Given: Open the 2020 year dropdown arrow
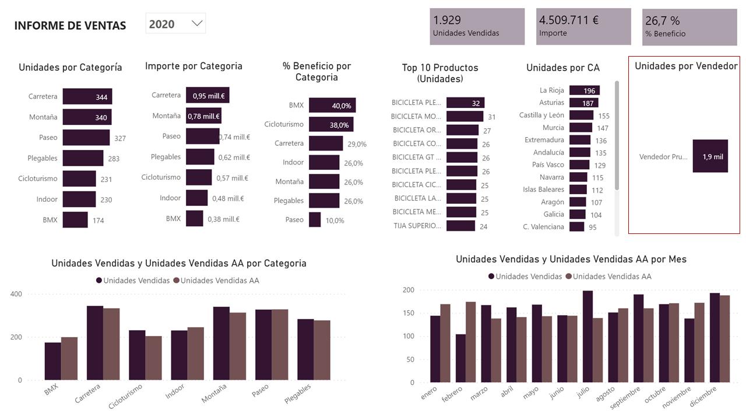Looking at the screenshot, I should click(x=197, y=23).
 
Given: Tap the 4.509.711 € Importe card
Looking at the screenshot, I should click(x=583, y=26).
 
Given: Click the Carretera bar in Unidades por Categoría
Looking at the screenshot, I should click(x=87, y=97).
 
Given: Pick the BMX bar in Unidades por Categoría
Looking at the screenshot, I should click(x=75, y=220).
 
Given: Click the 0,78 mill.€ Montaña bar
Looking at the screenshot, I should click(x=203, y=116).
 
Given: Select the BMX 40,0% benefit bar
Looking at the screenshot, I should click(x=332, y=106).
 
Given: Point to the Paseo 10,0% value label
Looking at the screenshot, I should click(x=335, y=220).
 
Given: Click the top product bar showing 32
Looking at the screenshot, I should click(x=465, y=103).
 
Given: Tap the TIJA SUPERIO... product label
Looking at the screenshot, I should click(x=417, y=226).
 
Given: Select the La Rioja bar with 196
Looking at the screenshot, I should click(x=584, y=90).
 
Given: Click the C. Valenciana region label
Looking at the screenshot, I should click(x=543, y=227).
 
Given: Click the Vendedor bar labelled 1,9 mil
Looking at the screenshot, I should click(x=710, y=156).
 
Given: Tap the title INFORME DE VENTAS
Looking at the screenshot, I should click(x=70, y=26).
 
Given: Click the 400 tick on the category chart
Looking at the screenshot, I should click(x=16, y=294).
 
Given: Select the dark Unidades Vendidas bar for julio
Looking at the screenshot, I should click(x=587, y=337).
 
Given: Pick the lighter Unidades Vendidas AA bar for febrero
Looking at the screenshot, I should click(x=470, y=342).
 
